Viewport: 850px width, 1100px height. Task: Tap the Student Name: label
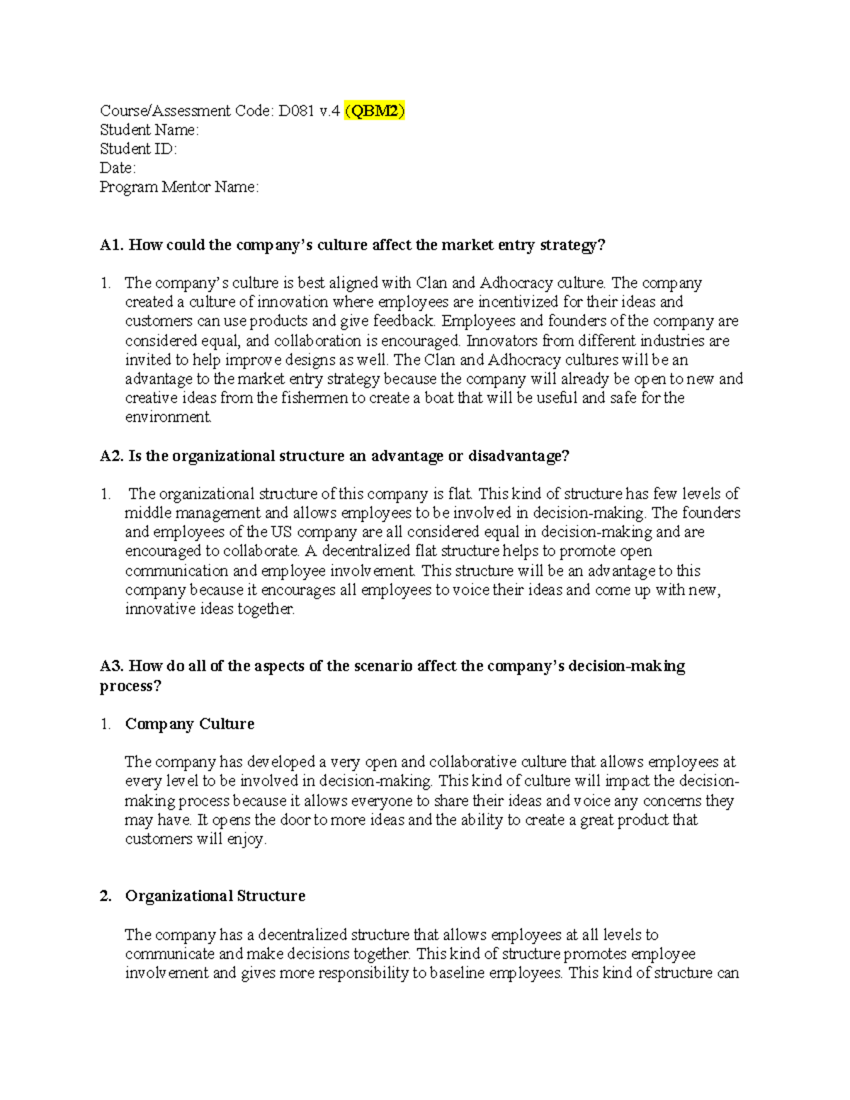(x=149, y=130)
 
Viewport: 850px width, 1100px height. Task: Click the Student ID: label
(x=138, y=149)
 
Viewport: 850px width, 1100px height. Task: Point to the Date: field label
(x=118, y=168)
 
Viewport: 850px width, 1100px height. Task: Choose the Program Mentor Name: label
(x=179, y=187)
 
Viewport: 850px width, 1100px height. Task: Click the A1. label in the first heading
(x=112, y=245)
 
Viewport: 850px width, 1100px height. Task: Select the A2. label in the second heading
(x=112, y=456)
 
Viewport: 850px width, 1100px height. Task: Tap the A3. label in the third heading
(x=112, y=667)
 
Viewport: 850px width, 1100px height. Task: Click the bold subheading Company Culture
(x=189, y=724)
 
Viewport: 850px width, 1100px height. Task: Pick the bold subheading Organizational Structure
(x=215, y=896)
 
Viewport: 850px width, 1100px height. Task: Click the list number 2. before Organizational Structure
(x=106, y=896)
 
